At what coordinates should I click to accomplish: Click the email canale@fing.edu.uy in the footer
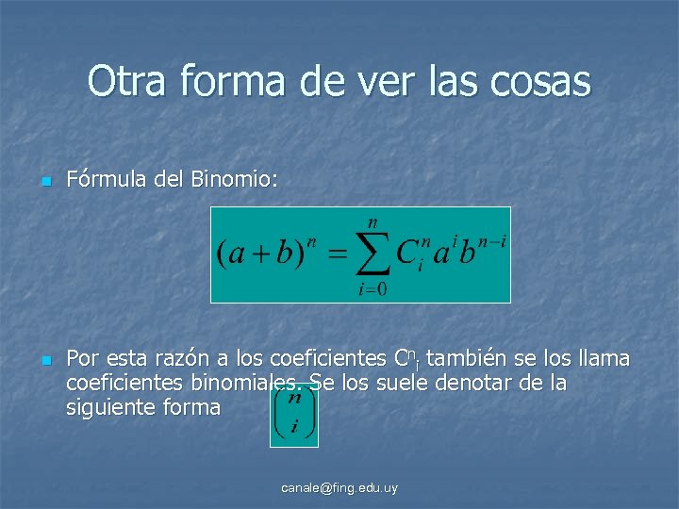pyautogui.click(x=339, y=487)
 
